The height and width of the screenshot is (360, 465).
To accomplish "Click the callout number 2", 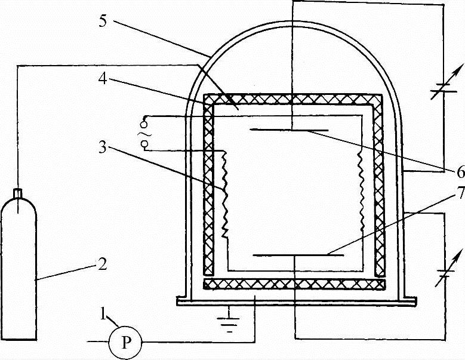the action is point(102,263).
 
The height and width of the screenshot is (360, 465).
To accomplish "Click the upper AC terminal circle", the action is point(144,118).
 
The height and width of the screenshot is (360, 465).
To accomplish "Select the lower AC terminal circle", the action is point(144,150).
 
